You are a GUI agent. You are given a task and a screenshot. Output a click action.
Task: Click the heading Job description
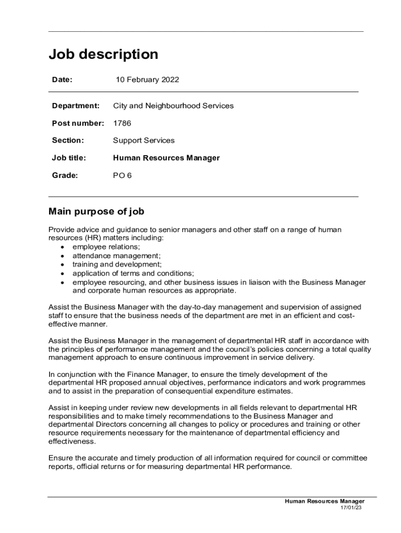pyautogui.click(x=103, y=54)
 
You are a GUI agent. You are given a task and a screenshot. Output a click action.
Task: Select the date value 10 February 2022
pyautogui.click(x=147, y=80)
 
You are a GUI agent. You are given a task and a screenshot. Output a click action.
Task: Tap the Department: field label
pyautogui.click(x=76, y=106)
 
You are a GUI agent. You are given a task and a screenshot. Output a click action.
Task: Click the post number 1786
pyautogui.click(x=122, y=123)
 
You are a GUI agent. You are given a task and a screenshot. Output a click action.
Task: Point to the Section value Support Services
pyautogui.click(x=144, y=141)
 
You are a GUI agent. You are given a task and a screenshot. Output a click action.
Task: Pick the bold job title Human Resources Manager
pyautogui.click(x=166, y=158)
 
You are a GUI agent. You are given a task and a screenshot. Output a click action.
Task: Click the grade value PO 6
pyautogui.click(x=122, y=175)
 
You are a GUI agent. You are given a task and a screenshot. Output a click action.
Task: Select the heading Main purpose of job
pyautogui.click(x=96, y=212)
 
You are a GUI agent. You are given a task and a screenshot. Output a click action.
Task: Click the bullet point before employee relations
pyautogui.click(x=62, y=247)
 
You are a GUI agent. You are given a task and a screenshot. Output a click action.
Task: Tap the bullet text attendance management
pyautogui.click(x=117, y=256)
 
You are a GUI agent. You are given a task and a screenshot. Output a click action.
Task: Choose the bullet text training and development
pyautogui.click(x=117, y=264)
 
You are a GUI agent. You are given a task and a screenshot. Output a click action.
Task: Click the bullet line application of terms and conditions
pyautogui.click(x=133, y=273)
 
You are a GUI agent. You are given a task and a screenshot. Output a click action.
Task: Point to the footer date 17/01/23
pyautogui.click(x=351, y=507)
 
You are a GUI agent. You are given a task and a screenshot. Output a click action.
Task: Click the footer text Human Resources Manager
pyautogui.click(x=324, y=501)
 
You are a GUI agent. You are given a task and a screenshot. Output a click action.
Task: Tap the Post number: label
pyautogui.click(x=78, y=123)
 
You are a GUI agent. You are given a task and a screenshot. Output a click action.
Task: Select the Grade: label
pyautogui.click(x=65, y=175)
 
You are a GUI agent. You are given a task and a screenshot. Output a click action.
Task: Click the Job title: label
pyautogui.click(x=69, y=158)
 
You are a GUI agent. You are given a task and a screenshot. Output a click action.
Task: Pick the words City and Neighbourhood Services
pyautogui.click(x=173, y=106)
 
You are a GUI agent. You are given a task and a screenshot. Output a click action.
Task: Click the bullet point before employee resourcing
pyautogui.click(x=62, y=282)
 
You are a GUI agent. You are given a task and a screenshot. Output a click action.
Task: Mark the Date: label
pyautogui.click(x=62, y=80)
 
